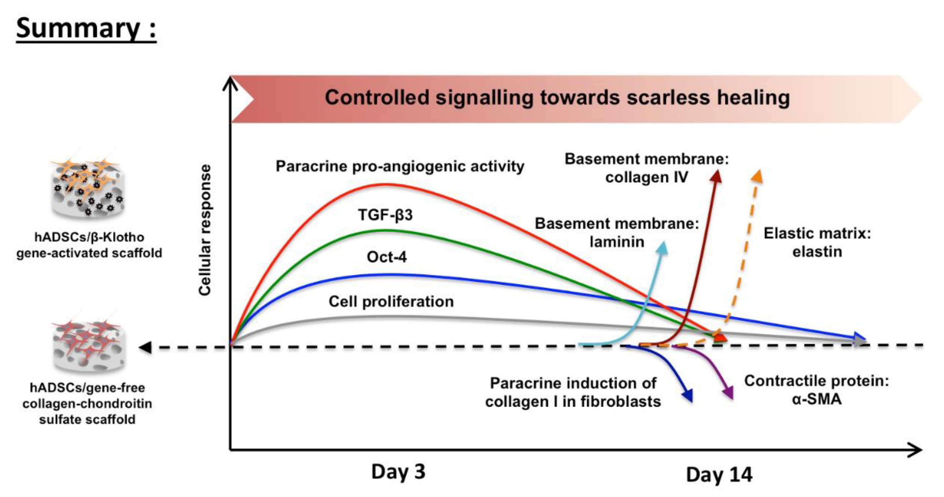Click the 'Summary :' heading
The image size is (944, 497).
click(x=86, y=28)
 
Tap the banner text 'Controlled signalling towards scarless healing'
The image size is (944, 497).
click(x=557, y=98)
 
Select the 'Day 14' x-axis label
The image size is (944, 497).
click(x=719, y=475)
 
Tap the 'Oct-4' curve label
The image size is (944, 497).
click(x=387, y=257)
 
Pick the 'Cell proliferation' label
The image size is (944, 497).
click(x=391, y=302)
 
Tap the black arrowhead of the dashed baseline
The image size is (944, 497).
click(x=146, y=347)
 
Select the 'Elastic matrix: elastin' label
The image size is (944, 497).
click(x=817, y=243)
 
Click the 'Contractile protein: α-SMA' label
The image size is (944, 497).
click(x=817, y=390)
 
